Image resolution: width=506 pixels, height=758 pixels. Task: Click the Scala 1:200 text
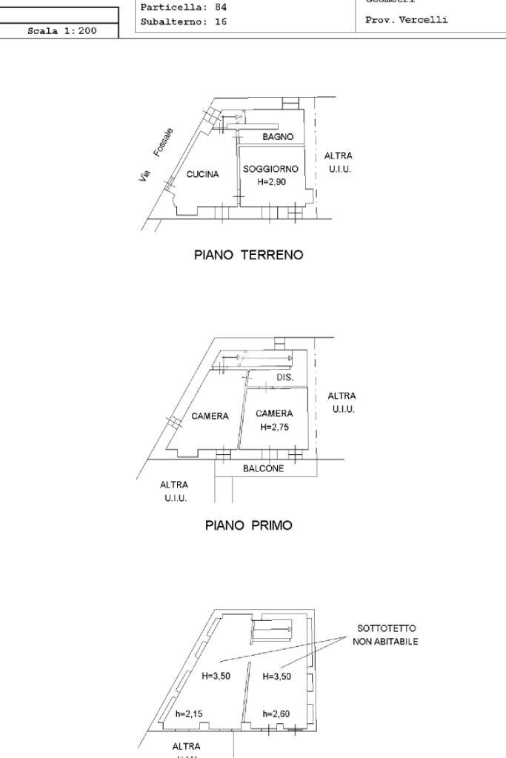tap(61, 31)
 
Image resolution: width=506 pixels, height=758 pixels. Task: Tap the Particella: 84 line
tap(184, 7)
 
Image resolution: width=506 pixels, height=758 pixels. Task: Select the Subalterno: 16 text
tap(184, 21)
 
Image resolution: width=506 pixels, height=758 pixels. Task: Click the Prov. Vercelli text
tap(407, 20)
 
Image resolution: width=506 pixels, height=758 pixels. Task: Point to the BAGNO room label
tap(278, 137)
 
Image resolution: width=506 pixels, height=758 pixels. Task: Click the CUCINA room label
tap(202, 175)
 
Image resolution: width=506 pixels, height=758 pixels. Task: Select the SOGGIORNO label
tap(270, 169)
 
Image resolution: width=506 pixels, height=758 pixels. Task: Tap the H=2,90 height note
tap(271, 182)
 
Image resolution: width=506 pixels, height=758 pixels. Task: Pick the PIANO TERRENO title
tap(248, 255)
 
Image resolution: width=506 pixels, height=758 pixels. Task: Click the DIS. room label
tap(285, 377)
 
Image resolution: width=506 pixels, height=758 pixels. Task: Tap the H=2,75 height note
tap(274, 428)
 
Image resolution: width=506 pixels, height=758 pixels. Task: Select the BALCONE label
tap(263, 468)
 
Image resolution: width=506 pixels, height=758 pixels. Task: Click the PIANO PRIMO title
tap(248, 525)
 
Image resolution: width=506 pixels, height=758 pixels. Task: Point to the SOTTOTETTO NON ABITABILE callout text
tap(386, 635)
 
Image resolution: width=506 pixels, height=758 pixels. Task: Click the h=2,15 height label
tap(189, 714)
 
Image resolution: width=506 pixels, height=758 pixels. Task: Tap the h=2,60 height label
tap(276, 714)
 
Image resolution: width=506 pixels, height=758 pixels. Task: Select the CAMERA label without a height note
tap(210, 416)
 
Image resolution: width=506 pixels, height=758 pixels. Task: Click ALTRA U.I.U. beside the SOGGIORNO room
tap(339, 162)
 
